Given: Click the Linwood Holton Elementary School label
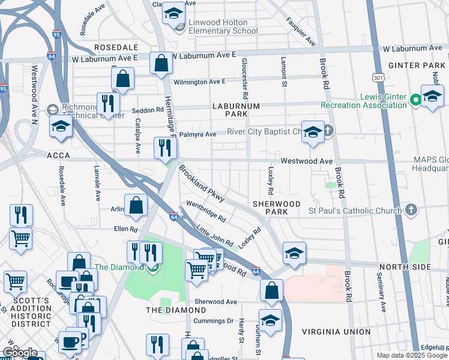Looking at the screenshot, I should coord(223,26).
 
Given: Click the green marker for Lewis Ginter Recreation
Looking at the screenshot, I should coord(415,100).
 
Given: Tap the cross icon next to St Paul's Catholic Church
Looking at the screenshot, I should coord(411,210).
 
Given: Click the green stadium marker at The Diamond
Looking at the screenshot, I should coord(151,267).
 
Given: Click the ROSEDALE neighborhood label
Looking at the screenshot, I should coord(115,47).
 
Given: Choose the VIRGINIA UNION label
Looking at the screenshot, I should coord(336,332).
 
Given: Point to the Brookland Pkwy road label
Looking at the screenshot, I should coord(201,184).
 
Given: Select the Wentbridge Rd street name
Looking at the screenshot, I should coord(206,211).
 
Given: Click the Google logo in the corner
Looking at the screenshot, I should coord(20,352).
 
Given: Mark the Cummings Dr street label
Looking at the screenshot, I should coord(213,321).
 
